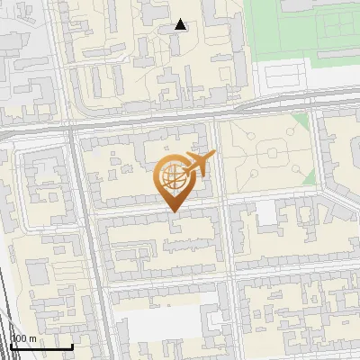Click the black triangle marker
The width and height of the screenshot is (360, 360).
[181, 24]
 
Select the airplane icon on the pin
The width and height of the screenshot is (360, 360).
[198, 164]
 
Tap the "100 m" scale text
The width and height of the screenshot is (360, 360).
[24, 339]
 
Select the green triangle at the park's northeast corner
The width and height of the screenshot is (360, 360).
[303, 123]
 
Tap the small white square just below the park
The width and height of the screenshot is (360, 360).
[266, 213]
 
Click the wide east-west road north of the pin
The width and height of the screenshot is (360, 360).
[144, 124]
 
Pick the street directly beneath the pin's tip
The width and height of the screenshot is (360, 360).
[162, 215]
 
